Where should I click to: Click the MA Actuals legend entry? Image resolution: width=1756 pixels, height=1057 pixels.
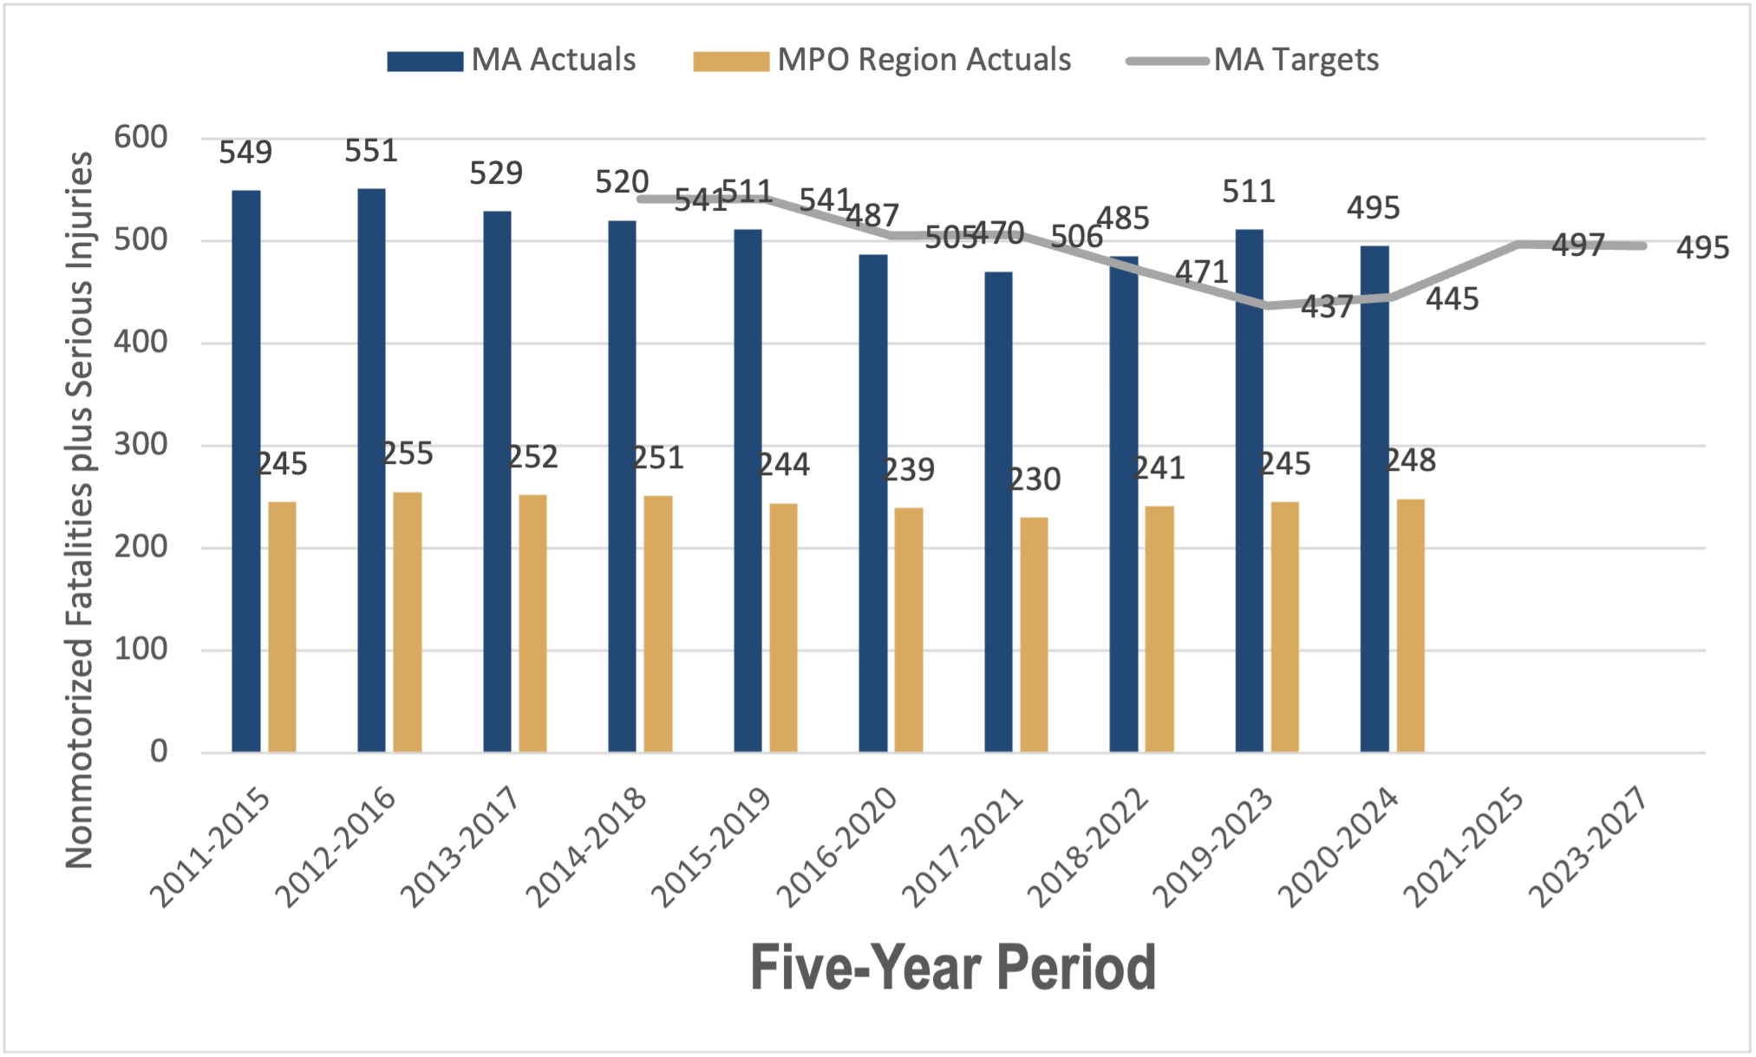512,60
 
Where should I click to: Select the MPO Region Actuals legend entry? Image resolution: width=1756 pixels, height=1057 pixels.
882,60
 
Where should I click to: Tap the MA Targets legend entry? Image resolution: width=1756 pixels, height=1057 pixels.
1253,60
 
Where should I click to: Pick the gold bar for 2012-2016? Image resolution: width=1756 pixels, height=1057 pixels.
408,622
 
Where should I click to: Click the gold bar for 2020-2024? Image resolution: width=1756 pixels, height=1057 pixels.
1410,625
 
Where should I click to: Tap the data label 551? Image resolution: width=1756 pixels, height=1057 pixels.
371,152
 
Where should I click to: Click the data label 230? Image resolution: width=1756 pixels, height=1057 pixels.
1035,480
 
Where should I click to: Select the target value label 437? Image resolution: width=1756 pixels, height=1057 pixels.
1327,307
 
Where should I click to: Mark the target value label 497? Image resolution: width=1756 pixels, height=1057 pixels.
1578,245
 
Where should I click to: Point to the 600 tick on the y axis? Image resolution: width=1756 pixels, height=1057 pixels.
141,137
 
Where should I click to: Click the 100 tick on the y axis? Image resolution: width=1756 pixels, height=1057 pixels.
141,649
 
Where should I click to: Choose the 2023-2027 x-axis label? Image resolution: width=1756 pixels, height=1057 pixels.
1587,845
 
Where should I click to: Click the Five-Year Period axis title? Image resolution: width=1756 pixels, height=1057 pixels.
953,968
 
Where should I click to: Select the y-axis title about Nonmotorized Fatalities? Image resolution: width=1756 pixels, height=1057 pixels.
79,510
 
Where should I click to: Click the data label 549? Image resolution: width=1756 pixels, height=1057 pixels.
245,153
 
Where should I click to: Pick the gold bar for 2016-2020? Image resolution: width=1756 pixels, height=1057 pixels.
908,630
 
